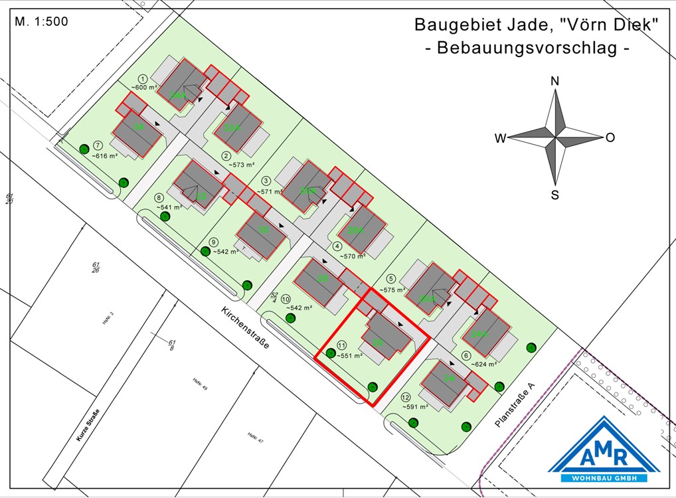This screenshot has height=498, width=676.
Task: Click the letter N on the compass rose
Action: (555, 81)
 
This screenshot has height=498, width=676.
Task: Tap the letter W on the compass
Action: (500, 138)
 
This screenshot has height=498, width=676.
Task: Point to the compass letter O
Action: (610, 137)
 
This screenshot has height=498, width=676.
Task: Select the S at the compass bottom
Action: (554, 195)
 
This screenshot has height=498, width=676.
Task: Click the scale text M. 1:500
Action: (41, 21)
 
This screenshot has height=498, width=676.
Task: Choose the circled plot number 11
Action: (342, 345)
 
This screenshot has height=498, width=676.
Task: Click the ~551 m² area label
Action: (349, 356)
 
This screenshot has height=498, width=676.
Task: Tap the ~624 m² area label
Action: (485, 364)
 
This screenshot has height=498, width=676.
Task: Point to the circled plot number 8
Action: (159, 198)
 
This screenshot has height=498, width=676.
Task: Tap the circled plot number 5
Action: (391, 279)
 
